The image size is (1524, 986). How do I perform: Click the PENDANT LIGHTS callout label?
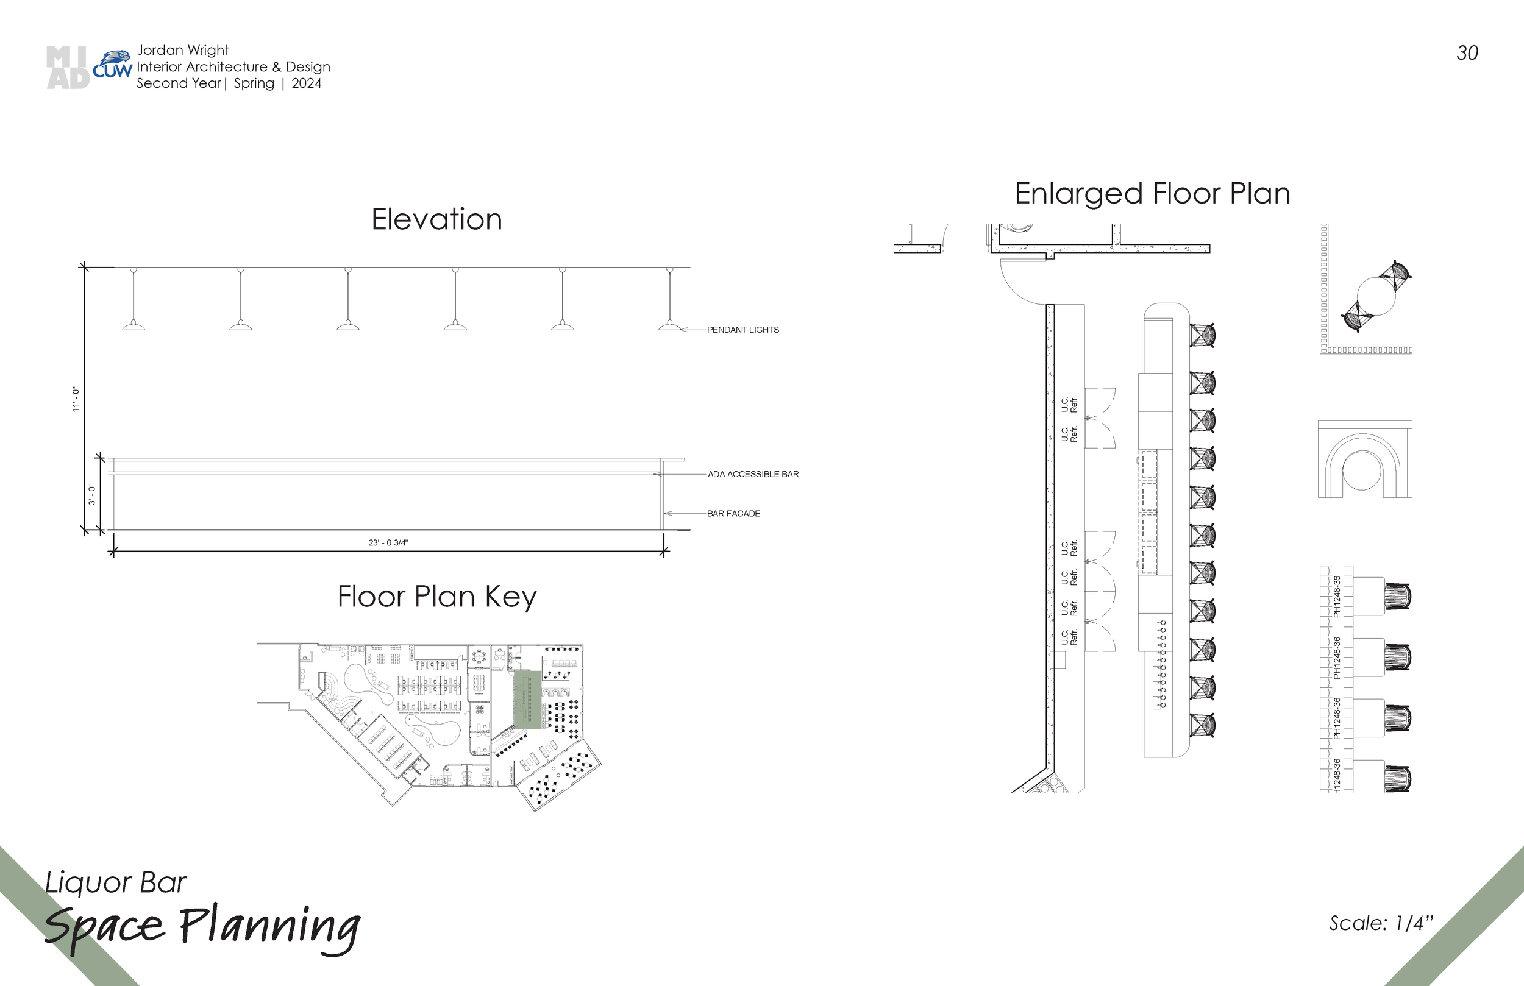click(x=742, y=330)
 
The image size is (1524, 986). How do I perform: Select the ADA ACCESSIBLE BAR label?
click(x=753, y=475)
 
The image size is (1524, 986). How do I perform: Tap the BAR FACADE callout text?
click(x=733, y=514)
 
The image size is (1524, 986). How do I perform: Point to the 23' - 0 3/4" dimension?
click(x=388, y=542)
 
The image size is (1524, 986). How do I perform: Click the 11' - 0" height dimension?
click(x=76, y=399)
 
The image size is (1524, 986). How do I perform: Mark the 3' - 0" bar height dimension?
click(x=92, y=494)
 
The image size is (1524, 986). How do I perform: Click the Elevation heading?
click(x=436, y=219)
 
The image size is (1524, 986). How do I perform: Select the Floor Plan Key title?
click(x=436, y=597)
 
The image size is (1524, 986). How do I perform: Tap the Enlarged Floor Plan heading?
click(x=1153, y=193)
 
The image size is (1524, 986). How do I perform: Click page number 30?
click(x=1467, y=53)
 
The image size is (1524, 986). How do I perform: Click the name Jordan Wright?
click(x=182, y=50)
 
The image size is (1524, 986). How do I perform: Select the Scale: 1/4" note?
click(x=1381, y=923)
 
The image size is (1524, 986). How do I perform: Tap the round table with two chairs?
click(x=1376, y=296)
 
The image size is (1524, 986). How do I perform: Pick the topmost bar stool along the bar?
click(x=1202, y=335)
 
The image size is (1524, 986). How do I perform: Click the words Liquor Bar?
click(x=116, y=882)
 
